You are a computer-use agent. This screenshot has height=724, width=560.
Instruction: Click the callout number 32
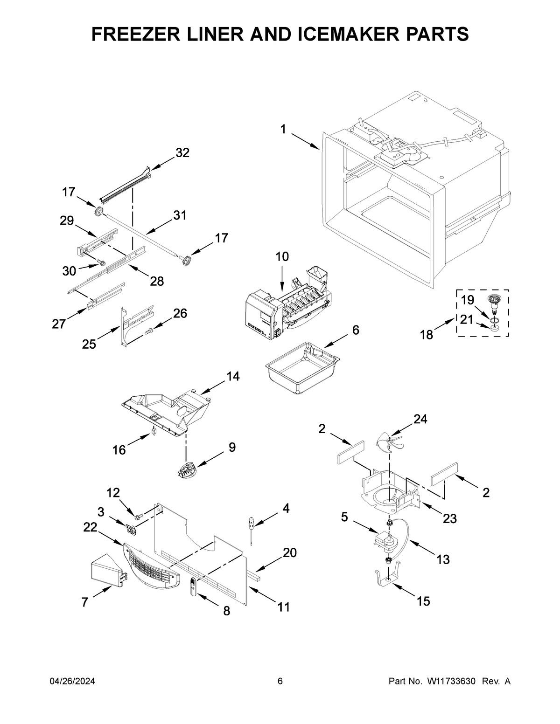[182, 153]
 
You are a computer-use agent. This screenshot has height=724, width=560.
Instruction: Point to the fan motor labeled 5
[385, 541]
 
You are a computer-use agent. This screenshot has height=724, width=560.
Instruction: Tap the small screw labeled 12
[139, 517]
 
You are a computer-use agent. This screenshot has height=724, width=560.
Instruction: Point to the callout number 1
[284, 129]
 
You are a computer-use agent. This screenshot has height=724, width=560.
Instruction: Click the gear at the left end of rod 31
[99, 212]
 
